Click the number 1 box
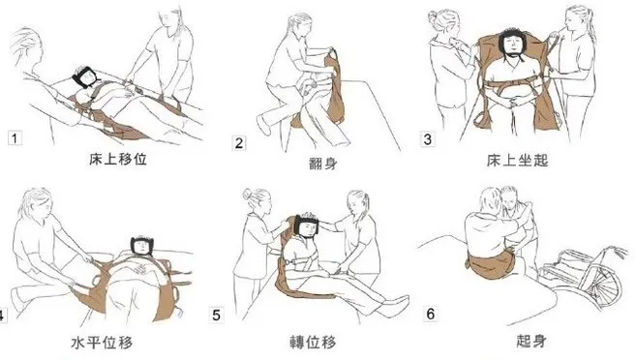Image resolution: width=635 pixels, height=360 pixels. [x=15, y=137]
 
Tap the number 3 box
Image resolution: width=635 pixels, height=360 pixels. [x=428, y=138]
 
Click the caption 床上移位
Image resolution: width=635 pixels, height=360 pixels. [x=104, y=154]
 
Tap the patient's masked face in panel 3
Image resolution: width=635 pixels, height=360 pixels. [x=510, y=42]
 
